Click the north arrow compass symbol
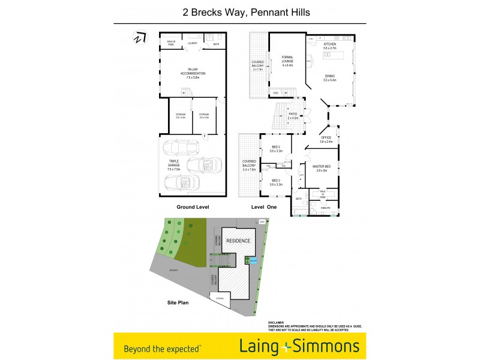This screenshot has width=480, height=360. (140, 38)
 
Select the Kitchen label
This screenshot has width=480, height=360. (331, 46)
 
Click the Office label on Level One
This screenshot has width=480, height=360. (326, 139)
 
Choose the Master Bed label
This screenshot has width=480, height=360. (320, 167)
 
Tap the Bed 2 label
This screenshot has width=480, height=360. (275, 149)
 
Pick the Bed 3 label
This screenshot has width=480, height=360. (275, 182)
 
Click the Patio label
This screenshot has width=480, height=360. (293, 116)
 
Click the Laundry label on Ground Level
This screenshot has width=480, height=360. (193, 43)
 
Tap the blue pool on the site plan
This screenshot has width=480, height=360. (254, 260)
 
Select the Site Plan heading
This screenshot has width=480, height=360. (178, 303)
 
